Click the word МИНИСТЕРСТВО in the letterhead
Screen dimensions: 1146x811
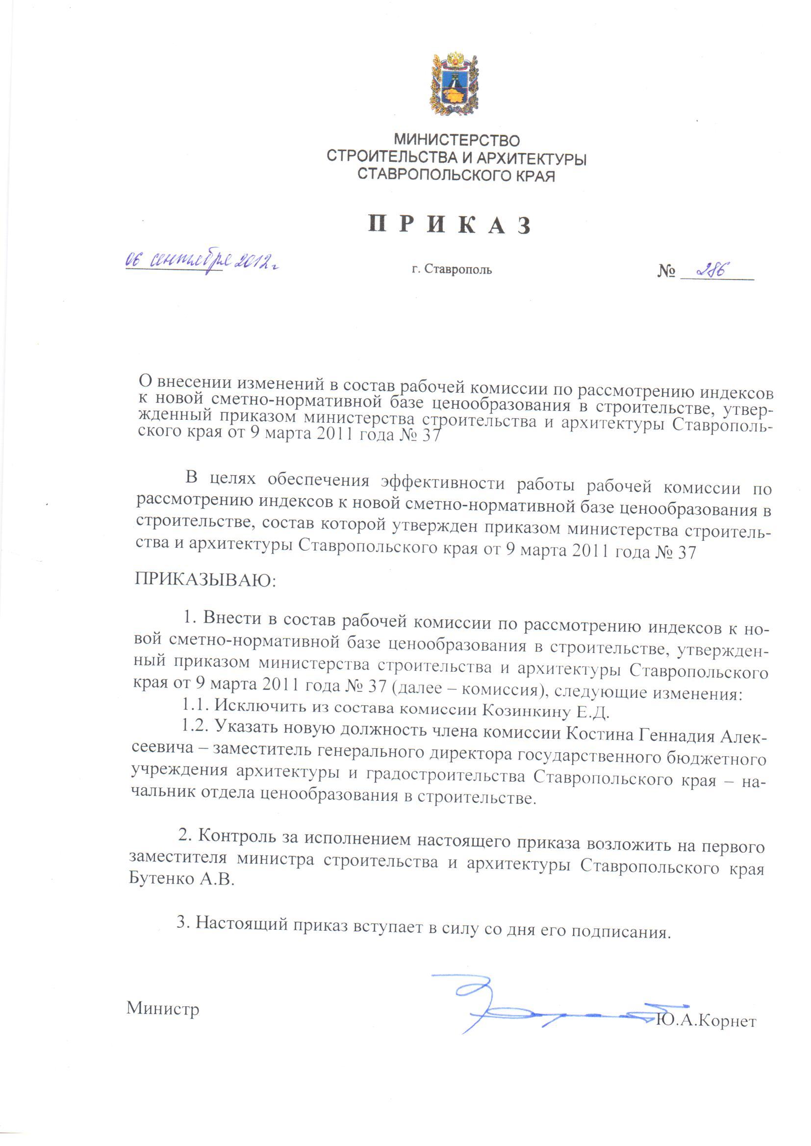point(456,140)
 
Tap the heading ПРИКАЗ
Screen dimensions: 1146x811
point(449,226)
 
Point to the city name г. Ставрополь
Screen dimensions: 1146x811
point(452,270)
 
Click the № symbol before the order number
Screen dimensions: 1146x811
point(667,272)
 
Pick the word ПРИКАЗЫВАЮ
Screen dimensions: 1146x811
point(205,580)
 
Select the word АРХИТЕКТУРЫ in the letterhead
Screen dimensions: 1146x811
point(532,159)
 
